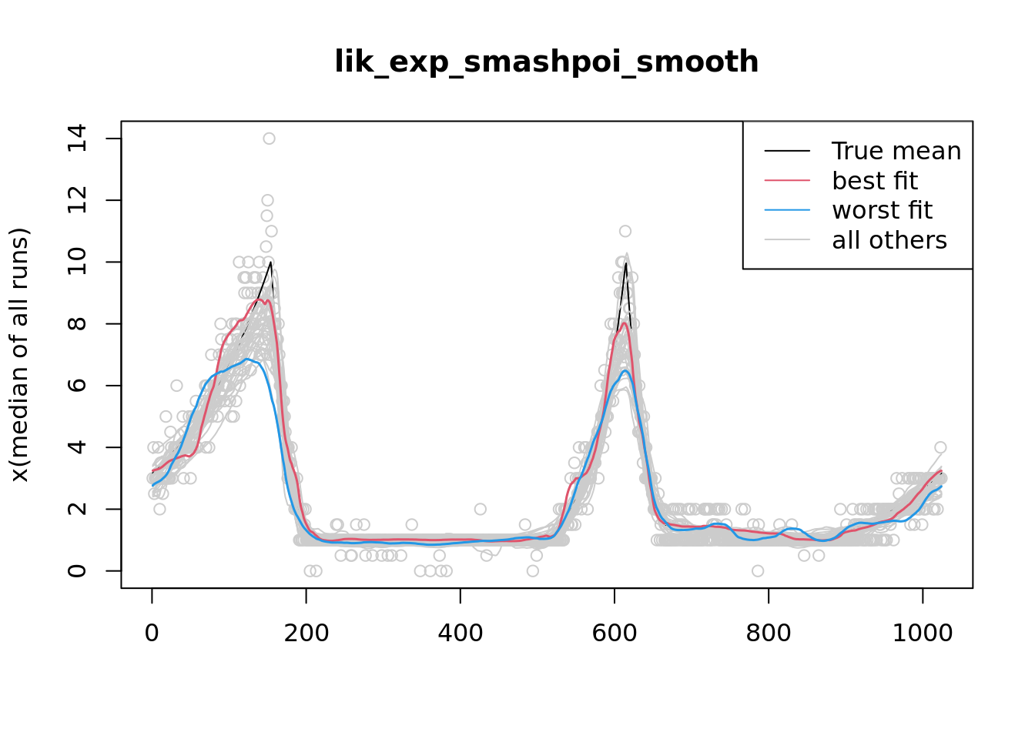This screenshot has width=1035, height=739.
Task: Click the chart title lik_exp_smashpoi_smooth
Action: pyautogui.click(x=546, y=62)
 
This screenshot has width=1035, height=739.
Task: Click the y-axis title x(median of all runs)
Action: pyautogui.click(x=19, y=355)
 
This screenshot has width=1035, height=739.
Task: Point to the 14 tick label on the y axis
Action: pyautogui.click(x=76, y=139)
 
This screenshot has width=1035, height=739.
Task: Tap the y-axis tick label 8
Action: pyautogui.click(x=76, y=324)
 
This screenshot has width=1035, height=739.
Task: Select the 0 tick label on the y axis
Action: pyautogui.click(x=76, y=570)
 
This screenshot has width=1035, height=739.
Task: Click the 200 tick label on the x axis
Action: pyautogui.click(x=306, y=634)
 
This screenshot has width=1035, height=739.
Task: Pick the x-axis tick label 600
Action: pyautogui.click(x=614, y=634)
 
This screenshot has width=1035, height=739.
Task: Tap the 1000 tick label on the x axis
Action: pyautogui.click(x=922, y=634)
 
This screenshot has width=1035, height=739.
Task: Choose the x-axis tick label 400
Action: pyautogui.click(x=460, y=634)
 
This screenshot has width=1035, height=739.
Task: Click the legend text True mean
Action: pyautogui.click(x=896, y=151)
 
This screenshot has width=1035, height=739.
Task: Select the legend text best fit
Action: pyautogui.click(x=875, y=181)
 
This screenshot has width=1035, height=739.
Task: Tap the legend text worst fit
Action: pyautogui.click(x=882, y=210)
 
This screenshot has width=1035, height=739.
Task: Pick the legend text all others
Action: pyautogui.click(x=889, y=240)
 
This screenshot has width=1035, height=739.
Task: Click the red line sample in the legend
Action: pyautogui.click(x=787, y=181)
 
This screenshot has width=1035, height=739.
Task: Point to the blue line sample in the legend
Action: pyautogui.click(x=787, y=210)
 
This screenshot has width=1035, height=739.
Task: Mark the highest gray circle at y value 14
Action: pyautogui.click(x=269, y=139)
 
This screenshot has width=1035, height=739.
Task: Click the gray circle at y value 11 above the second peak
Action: pyautogui.click(x=625, y=231)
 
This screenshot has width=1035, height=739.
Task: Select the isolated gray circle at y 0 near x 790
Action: pyautogui.click(x=758, y=570)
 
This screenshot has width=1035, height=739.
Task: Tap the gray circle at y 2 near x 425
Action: pyautogui.click(x=481, y=509)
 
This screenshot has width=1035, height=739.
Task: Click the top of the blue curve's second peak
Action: pyautogui.click(x=625, y=371)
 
